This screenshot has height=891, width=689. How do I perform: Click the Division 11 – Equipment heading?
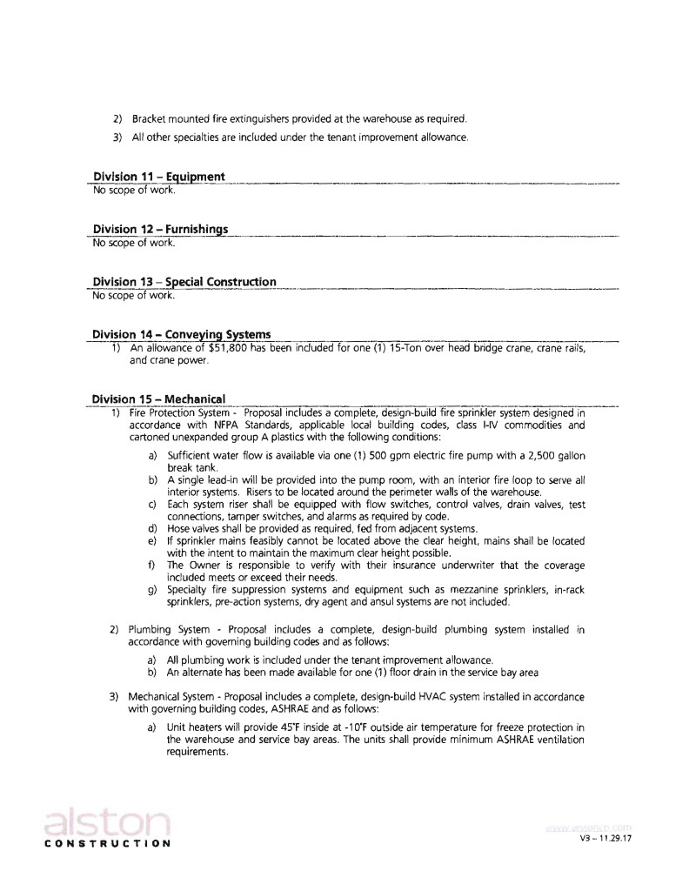[158, 178]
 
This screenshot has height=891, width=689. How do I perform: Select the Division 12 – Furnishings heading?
[160, 230]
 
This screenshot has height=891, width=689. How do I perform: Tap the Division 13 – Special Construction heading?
[184, 282]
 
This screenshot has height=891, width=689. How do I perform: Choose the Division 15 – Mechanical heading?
[158, 399]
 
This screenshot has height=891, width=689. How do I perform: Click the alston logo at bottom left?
[104, 822]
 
